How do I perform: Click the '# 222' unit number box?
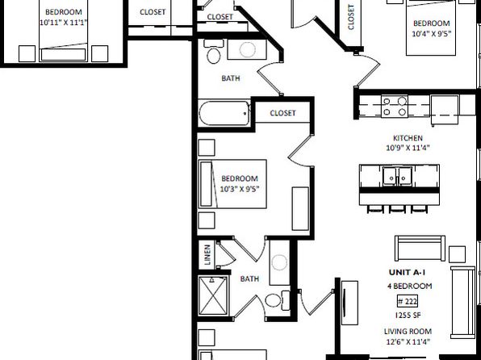(408, 301)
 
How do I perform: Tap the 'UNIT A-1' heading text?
(407, 272)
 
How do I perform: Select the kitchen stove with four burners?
(395, 107)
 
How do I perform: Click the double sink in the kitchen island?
(399, 177)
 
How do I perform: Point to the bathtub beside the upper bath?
(224, 113)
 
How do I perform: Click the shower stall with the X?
(213, 296)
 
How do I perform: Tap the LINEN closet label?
(207, 255)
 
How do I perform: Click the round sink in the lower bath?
(279, 262)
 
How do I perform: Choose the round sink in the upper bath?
(247, 49)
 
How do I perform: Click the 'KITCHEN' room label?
(408, 138)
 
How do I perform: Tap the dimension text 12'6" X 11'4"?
(408, 341)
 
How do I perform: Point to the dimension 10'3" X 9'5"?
(240, 189)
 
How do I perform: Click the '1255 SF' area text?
(408, 315)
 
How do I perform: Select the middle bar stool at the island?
(398, 209)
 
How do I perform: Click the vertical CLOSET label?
(351, 17)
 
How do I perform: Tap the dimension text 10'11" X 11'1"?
(64, 23)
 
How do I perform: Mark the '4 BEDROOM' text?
(410, 286)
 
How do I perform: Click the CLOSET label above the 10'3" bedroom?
(282, 113)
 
